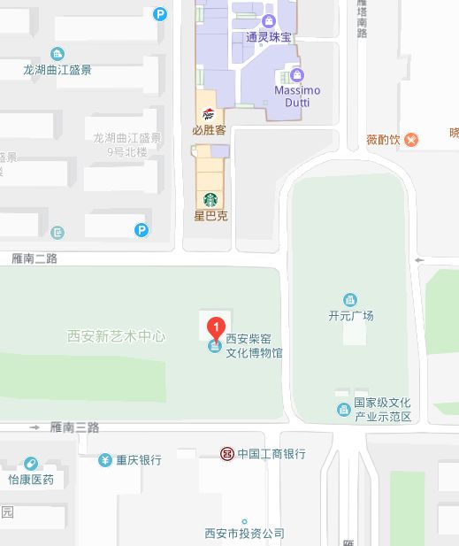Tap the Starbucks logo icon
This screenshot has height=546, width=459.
(210, 199)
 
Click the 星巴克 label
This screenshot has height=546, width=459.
(210, 215)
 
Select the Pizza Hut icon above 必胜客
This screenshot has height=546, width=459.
(209, 114)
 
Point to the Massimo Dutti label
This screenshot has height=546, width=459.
(297, 96)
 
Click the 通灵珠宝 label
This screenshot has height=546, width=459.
(269, 37)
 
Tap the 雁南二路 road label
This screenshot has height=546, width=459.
(35, 258)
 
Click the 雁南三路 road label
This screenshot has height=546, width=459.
(74, 427)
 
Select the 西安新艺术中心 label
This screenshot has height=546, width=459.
(117, 336)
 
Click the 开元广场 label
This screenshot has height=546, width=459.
(351, 316)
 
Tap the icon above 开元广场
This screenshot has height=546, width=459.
(351, 299)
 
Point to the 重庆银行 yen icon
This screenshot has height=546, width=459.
(105, 460)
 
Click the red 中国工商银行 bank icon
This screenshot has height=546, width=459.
(227, 454)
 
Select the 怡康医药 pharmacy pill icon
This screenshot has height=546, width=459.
(31, 464)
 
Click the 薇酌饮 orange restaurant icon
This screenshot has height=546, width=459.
(411, 140)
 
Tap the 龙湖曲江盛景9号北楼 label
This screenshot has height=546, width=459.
(128, 144)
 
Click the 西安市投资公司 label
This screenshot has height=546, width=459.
(244, 534)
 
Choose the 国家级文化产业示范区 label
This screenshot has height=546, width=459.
(383, 409)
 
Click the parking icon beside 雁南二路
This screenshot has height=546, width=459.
(141, 231)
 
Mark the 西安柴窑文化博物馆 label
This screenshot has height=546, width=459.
(254, 345)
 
